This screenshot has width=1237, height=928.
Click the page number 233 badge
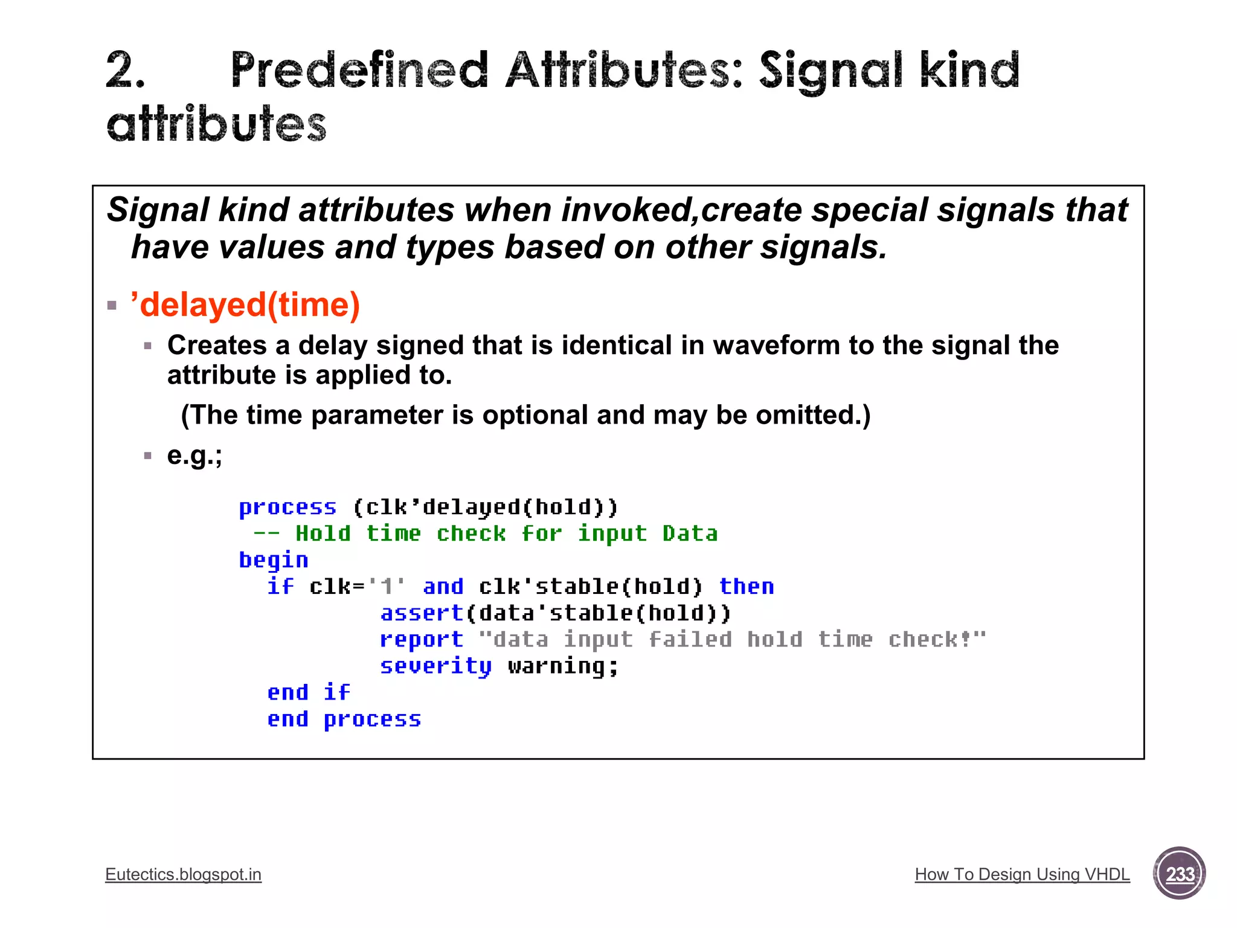pos(1179,874)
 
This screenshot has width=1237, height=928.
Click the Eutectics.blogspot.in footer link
pos(183,874)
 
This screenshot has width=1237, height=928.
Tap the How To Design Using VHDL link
pos(1022,874)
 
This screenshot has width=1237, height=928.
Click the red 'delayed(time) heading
pos(245,304)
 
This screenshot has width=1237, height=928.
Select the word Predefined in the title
pos(359,71)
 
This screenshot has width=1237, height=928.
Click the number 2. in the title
pos(126,71)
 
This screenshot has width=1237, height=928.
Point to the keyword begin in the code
pos(274,560)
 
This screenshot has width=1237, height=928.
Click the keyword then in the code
pos(747,587)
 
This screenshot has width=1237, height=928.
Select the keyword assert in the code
pos(422,613)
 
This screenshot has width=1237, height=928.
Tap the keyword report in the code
pos(422,640)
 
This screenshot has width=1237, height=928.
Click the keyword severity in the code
pos(435,666)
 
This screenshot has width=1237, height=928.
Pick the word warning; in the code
pos(563,666)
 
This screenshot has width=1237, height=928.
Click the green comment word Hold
pos(323,533)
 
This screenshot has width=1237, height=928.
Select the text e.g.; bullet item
pos(194,456)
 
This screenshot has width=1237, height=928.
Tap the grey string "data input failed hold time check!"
pos(732,639)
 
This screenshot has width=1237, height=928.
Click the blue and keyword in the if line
pos(443,587)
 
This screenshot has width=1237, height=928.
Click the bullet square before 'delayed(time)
pos(112,305)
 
